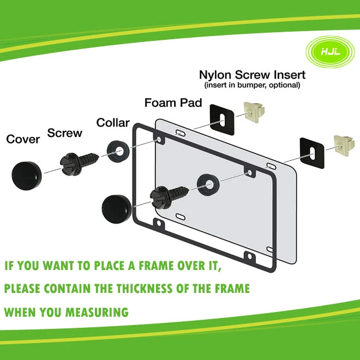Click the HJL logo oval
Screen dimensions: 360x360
point(330,52)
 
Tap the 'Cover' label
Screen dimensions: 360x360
point(23,139)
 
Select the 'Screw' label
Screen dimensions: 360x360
point(64,133)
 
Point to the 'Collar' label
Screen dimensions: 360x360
point(113,123)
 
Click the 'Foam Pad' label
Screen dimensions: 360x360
point(173,103)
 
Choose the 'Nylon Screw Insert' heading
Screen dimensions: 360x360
point(252,75)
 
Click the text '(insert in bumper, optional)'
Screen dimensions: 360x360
point(252,85)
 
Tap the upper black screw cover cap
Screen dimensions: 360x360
point(27,176)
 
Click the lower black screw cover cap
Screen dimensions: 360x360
point(117,209)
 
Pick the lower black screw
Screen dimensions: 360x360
point(169,196)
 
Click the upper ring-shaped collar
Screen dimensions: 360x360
point(118,151)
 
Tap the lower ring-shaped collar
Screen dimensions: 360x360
point(208,184)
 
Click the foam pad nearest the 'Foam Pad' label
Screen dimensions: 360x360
point(222,120)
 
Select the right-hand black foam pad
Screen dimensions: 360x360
point(312,153)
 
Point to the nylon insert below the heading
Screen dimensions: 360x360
point(254,112)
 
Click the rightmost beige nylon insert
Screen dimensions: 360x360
point(344,145)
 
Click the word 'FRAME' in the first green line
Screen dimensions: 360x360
point(156,266)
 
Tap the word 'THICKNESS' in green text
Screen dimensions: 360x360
point(144,289)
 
